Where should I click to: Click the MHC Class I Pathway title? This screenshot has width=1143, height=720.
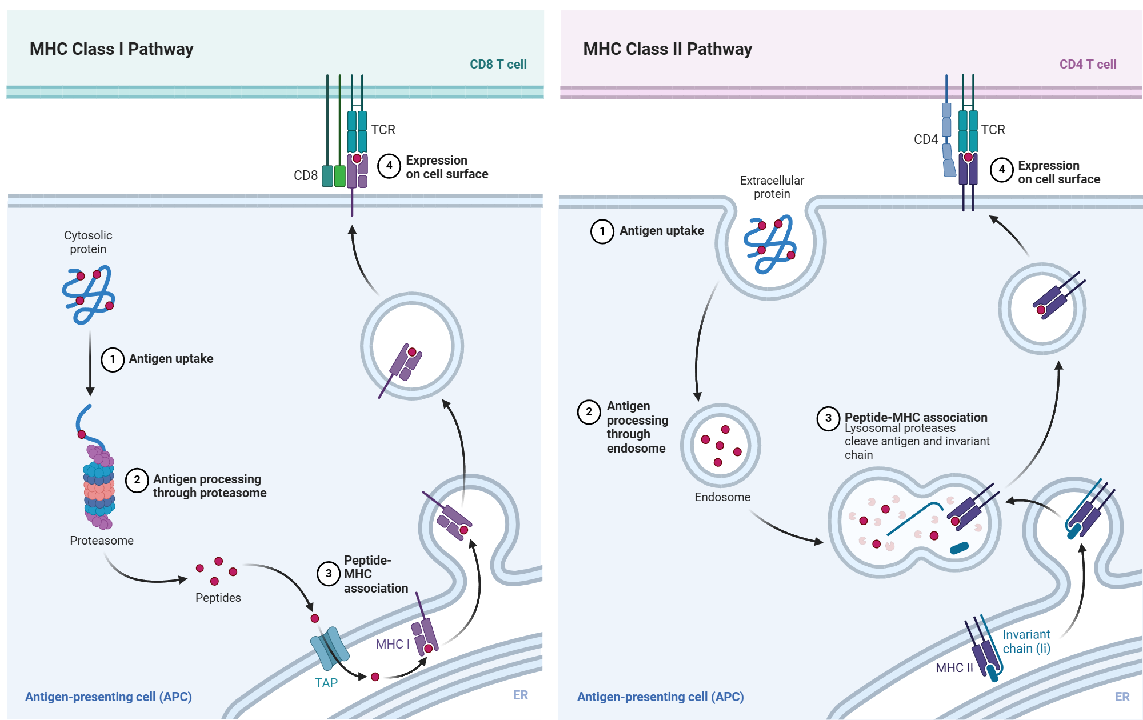pyautogui.click(x=111, y=49)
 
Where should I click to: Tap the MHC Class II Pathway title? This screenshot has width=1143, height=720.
pyautogui.click(x=668, y=49)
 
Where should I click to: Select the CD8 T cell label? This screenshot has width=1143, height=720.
pyautogui.click(x=498, y=64)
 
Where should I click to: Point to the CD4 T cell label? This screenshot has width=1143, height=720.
pyautogui.click(x=1088, y=64)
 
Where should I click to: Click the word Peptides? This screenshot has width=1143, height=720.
pyautogui.click(x=218, y=598)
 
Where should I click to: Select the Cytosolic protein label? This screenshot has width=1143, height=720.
pyautogui.click(x=88, y=242)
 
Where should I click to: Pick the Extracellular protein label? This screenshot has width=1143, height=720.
pyautogui.click(x=772, y=187)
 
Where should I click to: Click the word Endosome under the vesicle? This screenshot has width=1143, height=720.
pyautogui.click(x=722, y=497)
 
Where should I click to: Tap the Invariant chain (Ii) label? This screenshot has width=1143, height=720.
pyautogui.click(x=1026, y=641)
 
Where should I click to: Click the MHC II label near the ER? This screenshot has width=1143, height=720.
pyautogui.click(x=954, y=667)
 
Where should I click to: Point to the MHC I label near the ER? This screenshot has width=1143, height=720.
pyautogui.click(x=393, y=644)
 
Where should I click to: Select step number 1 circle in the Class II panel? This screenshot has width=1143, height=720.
pyautogui.click(x=602, y=231)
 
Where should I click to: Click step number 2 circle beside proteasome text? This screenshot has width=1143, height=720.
pyautogui.click(x=137, y=480)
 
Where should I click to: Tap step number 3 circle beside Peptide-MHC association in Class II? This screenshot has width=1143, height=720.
pyautogui.click(x=828, y=418)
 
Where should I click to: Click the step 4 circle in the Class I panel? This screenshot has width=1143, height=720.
pyautogui.click(x=389, y=166)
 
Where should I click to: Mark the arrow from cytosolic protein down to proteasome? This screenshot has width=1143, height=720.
pyautogui.click(x=90, y=363)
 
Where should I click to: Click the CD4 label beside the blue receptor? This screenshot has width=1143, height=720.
pyautogui.click(x=926, y=139)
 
